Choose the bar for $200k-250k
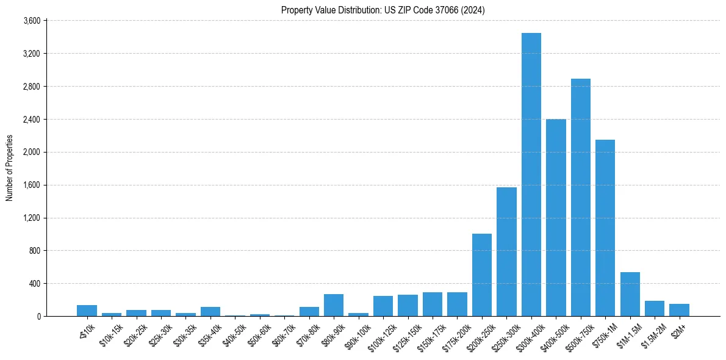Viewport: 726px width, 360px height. pos(482,275)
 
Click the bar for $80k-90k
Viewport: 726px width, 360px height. pos(334,305)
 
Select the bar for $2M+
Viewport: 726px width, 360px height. pos(679,310)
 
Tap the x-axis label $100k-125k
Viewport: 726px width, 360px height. pos(379,335)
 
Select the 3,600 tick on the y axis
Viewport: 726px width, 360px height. pos(31,21)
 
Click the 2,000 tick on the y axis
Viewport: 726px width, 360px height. pos(31,152)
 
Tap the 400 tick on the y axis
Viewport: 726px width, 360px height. pos(34,284)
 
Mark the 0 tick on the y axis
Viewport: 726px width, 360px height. pos(38,316)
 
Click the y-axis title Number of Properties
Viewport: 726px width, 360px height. pos(9,168)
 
